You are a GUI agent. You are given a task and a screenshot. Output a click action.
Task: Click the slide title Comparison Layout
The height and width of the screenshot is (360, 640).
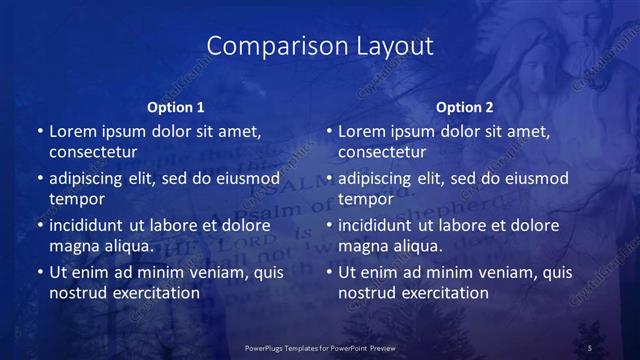coord(320,46)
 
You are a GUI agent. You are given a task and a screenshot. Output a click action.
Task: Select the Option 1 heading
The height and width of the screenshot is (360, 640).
coord(176,107)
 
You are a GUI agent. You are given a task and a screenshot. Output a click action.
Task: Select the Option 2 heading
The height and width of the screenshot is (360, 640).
coord(465,107)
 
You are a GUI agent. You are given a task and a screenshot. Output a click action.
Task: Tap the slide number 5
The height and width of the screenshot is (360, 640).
coord(590,346)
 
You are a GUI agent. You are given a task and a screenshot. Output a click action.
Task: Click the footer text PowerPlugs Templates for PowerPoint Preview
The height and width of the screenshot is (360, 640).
coord(320,346)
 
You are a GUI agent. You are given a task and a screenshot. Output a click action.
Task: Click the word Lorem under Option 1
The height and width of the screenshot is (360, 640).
coord(74,131)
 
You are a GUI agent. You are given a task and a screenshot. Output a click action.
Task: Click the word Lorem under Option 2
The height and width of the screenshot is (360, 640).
coord(363,131)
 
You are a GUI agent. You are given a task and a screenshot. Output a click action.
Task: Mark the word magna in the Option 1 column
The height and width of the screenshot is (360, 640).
coord(74,246)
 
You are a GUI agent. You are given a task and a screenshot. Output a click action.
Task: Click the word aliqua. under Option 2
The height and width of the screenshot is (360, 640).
coord(417,246)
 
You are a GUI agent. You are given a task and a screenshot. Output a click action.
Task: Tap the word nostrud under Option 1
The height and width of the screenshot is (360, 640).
coord(78,293)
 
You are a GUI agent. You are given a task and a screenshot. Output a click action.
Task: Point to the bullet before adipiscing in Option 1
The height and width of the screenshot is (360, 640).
coord(39,179)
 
